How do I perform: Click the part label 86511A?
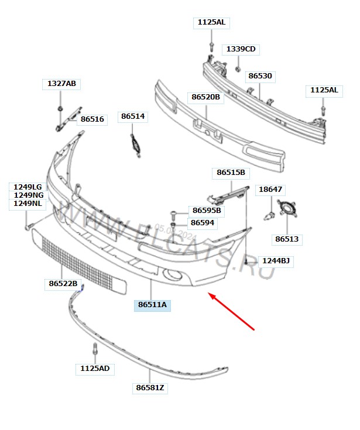152,305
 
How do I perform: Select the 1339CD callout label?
241,49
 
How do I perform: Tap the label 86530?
260,75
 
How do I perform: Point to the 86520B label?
205,97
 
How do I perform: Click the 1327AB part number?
61,83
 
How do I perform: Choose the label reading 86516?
92,119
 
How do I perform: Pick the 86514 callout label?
133,116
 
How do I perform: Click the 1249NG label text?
29,195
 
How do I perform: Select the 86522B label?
63,283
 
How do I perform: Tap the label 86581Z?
150,388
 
